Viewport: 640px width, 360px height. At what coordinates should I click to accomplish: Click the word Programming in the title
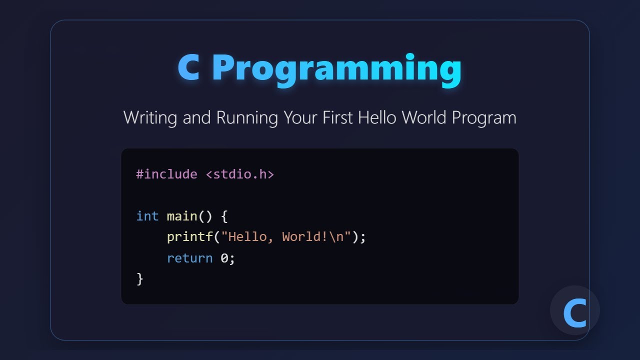click(x=336, y=69)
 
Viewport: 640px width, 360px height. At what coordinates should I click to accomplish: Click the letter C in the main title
click(x=189, y=68)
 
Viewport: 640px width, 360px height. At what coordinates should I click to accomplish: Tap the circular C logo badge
click(x=574, y=311)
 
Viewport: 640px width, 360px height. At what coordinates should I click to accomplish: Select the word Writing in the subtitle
click(x=150, y=118)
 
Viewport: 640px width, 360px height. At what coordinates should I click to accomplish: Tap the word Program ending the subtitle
click(x=483, y=118)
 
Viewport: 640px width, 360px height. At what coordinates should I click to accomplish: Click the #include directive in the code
click(x=166, y=174)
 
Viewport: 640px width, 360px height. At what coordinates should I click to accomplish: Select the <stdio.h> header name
click(x=239, y=174)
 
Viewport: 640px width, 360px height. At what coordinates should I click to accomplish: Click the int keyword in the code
click(x=147, y=216)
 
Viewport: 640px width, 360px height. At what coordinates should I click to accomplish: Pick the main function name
click(x=182, y=216)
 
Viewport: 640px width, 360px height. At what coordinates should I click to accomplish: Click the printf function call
click(x=190, y=237)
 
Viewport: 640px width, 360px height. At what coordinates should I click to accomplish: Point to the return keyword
click(x=190, y=258)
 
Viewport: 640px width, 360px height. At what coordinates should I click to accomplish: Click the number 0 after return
click(x=224, y=258)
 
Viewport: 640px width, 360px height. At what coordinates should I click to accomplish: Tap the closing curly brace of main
click(x=140, y=279)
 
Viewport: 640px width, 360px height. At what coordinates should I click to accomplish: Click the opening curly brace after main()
click(x=224, y=216)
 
